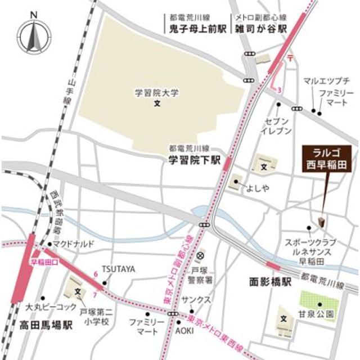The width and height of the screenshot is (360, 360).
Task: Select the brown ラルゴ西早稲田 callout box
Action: click(326, 158)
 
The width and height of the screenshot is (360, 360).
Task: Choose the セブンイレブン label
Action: click(276, 126)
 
